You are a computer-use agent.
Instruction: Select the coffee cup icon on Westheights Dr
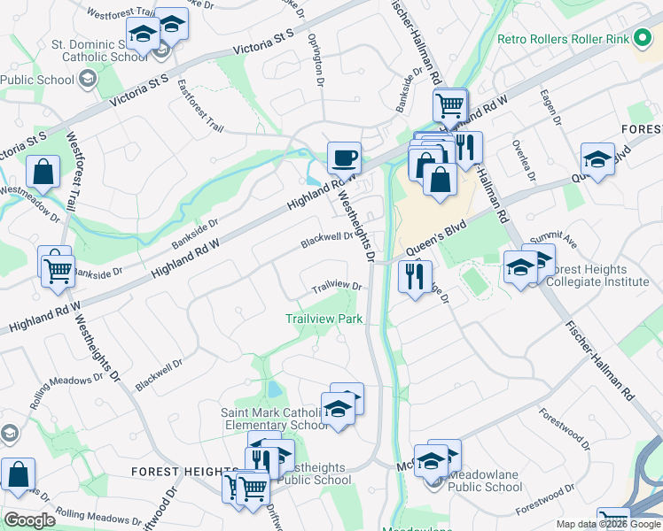[344, 158]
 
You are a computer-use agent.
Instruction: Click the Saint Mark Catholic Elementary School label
[275, 419]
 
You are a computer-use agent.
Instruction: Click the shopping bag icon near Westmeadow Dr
[43, 173]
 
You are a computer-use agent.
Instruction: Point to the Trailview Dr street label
[338, 288]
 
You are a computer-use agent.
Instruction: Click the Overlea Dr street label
[522, 158]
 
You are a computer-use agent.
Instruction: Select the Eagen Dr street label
[556, 110]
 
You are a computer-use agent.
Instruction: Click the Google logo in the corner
[29, 520]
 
